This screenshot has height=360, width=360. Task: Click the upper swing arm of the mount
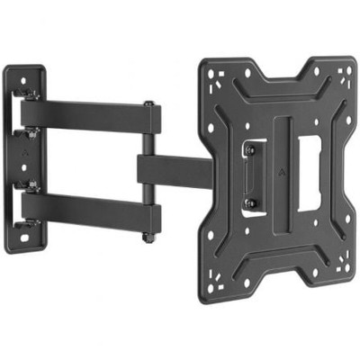click(x=85, y=114)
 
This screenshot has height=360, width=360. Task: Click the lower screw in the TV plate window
click(x=250, y=203)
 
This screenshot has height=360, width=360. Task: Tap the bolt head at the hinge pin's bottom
click(x=146, y=238)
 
